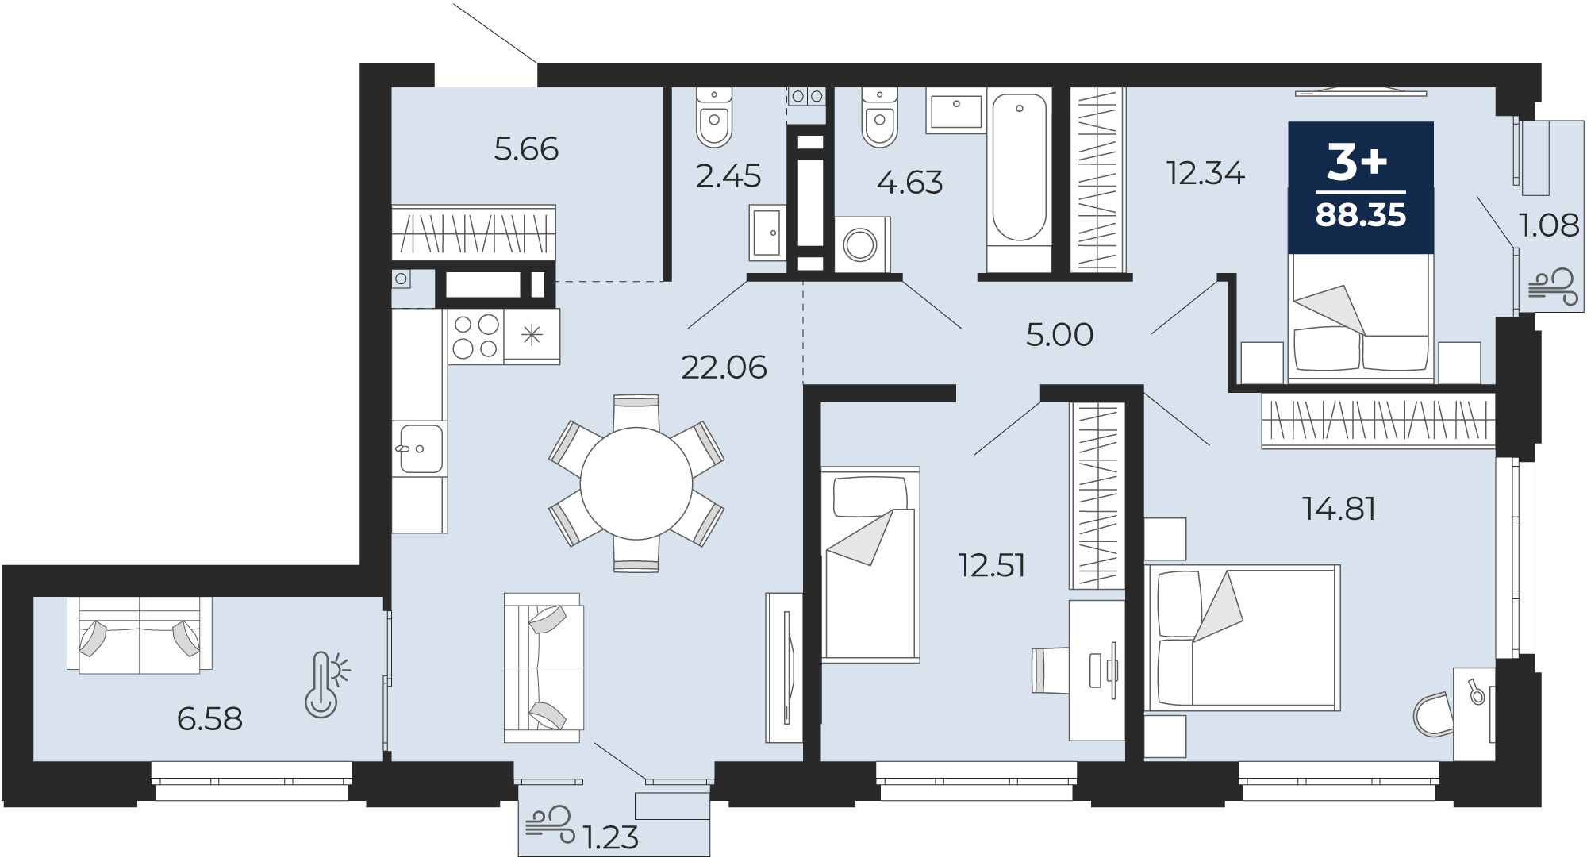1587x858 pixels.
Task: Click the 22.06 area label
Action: point(724,367)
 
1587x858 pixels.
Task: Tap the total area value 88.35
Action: point(1361,215)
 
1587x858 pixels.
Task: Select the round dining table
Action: point(636,484)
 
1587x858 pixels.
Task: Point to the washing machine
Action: point(862,244)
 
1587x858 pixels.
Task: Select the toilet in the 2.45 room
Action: point(714,117)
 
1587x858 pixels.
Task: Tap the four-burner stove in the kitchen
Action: point(476,337)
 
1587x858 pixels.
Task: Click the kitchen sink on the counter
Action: point(421,448)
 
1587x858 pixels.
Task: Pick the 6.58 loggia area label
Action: point(209,719)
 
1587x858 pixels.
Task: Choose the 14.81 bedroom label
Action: point(1339,509)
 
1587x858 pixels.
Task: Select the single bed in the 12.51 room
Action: point(870,564)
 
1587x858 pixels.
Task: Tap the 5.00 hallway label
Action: point(1059,335)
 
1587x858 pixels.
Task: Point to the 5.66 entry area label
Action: point(526,149)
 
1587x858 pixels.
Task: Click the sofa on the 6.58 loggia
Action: point(140,635)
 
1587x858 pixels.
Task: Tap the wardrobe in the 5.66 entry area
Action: point(474,232)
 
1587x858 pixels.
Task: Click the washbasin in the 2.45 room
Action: point(767,233)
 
